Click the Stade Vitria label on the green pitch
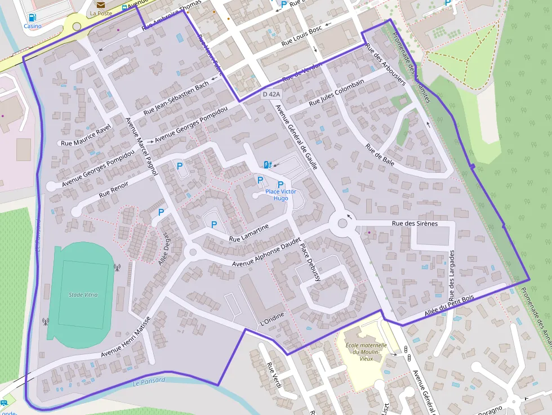[x=83, y=294]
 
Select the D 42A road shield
[x=271, y=95]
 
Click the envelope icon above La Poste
[x=100, y=5]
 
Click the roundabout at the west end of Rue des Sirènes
[x=342, y=224]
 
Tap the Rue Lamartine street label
[x=249, y=233]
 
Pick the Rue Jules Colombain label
[x=336, y=93]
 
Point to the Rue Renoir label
[x=113, y=189]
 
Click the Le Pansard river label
[x=149, y=381]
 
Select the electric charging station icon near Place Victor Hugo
[x=267, y=164]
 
